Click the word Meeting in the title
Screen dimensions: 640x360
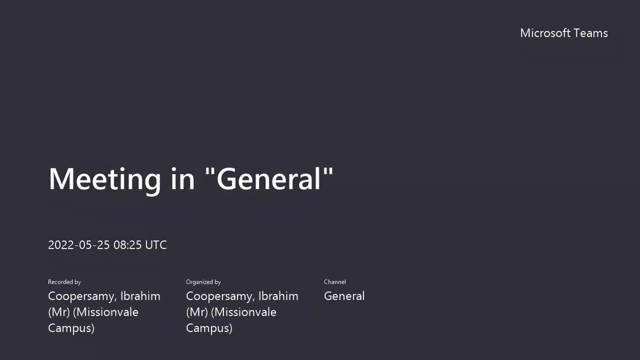105,179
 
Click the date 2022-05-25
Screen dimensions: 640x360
79,245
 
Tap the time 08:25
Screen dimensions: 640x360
128,245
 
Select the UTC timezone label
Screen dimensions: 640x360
156,245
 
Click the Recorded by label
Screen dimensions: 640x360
64,282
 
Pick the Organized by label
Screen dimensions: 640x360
203,282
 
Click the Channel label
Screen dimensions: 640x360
335,282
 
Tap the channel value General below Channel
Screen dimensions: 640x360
344,296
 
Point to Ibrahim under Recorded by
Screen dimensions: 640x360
140,296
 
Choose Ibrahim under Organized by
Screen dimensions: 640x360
278,296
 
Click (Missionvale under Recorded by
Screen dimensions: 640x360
106,312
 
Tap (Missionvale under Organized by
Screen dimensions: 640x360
244,312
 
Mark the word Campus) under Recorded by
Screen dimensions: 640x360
71,328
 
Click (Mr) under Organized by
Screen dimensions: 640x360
197,312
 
